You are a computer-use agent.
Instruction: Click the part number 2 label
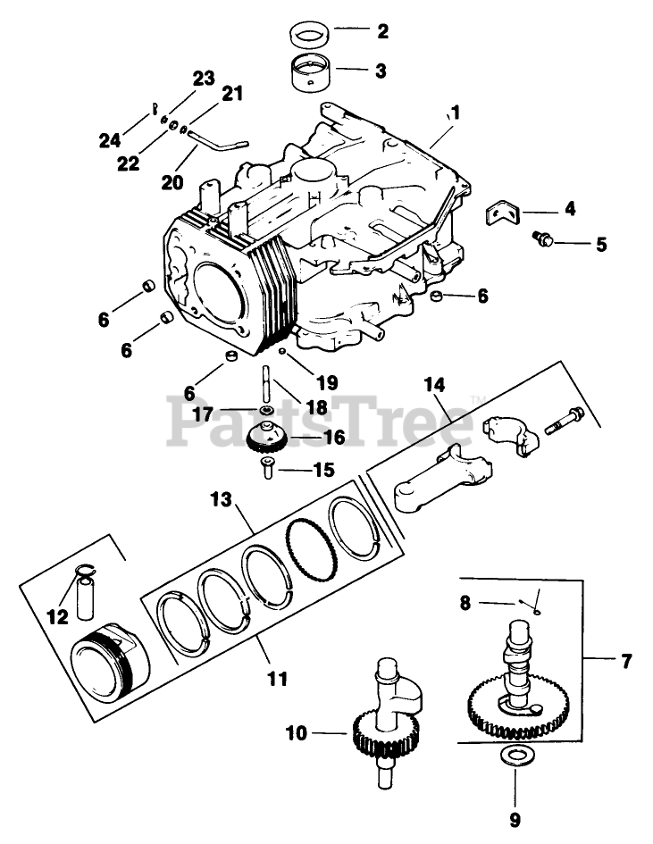tap(382, 30)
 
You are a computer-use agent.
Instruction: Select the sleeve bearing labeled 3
tap(313, 73)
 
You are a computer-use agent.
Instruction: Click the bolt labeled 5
tap(542, 239)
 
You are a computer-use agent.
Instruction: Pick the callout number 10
tap(296, 733)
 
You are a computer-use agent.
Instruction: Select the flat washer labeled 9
tap(515, 756)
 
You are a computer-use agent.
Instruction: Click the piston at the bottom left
tap(111, 663)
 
